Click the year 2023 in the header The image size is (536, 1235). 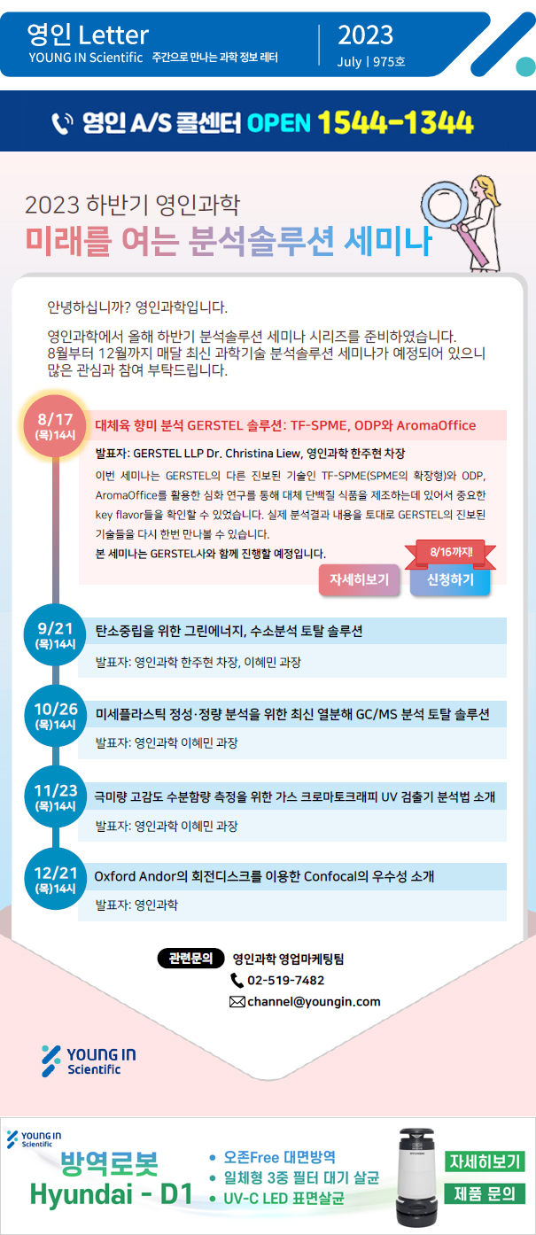[x=365, y=35]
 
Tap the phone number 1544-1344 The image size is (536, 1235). [x=395, y=122]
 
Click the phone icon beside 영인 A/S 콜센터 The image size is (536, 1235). [x=62, y=123]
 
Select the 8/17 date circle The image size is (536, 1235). [x=55, y=425]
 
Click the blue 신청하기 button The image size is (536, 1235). [x=450, y=579]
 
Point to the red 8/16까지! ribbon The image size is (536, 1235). [x=451, y=553]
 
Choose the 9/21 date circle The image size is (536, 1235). [x=55, y=635]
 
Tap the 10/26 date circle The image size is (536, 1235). [x=55, y=716]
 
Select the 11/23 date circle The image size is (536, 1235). [x=55, y=796]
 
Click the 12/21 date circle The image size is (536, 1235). [x=55, y=879]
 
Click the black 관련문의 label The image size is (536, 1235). [x=190, y=959]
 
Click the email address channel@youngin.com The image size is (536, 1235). [x=314, y=1002]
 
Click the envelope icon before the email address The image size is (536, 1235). [x=237, y=1002]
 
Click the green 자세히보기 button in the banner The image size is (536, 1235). [x=485, y=1161]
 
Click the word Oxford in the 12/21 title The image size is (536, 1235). [x=114, y=876]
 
